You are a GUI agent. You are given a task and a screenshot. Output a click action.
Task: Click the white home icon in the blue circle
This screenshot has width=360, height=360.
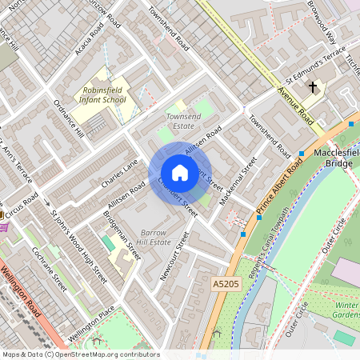(x=180, y=173)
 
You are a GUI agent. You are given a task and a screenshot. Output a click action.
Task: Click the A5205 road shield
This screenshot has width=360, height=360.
(x=226, y=284)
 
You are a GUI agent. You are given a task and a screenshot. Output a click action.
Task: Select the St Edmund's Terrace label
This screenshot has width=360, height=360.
(x=317, y=68)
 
